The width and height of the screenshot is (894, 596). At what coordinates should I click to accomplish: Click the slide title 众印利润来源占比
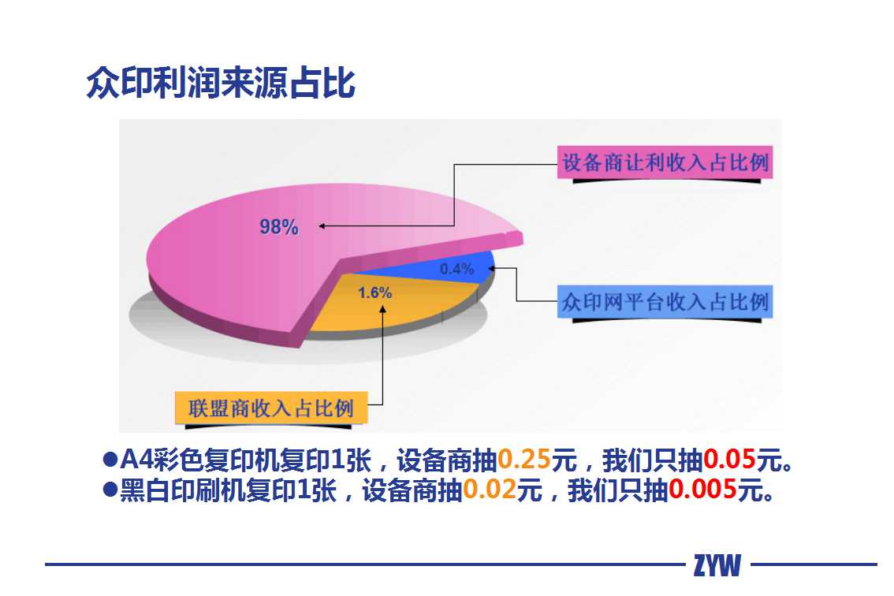pos(221,83)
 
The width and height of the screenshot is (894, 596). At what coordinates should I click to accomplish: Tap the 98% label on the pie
pos(279,227)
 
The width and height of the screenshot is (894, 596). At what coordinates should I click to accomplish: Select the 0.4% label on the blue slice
pos(456,269)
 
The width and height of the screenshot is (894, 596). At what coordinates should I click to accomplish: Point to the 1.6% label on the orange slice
pos(374,292)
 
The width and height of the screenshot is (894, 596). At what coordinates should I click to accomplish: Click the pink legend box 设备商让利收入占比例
pos(665,162)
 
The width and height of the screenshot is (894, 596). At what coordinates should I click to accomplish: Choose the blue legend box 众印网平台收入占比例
pos(665,302)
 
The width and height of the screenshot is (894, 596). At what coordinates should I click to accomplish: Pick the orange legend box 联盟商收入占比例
pos(271,408)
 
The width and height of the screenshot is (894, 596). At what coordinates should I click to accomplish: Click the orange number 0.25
pos(524,459)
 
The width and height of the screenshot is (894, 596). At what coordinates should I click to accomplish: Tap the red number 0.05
pos(729,459)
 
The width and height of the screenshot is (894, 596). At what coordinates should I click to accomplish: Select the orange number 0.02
pos(490,490)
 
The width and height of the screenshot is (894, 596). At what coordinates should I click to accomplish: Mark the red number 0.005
pos(702,490)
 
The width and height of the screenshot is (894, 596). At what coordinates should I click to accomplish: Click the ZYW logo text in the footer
pos(717,565)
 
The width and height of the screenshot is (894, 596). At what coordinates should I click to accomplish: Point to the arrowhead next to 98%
pos(322,226)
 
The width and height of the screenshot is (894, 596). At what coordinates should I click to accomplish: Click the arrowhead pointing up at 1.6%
pos(383,308)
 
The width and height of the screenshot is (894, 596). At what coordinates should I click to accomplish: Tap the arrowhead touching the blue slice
pos(491,267)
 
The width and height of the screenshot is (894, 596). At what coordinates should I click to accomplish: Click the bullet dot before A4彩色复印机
pos(110,460)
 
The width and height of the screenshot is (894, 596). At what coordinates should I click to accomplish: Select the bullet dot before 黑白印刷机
pos(110,490)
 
